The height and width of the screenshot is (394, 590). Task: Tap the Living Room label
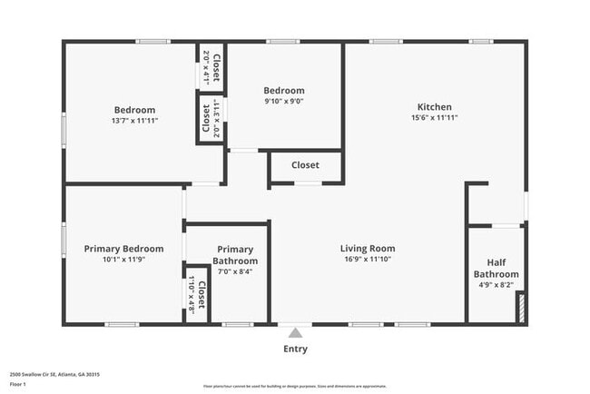point(368,249)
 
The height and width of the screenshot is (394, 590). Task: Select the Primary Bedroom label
point(123,249)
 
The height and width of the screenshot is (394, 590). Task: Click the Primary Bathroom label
point(235,255)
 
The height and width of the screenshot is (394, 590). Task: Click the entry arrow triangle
point(294,333)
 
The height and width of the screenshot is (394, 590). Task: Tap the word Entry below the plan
point(295,349)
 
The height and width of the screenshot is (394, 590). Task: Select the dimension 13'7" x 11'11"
point(134,121)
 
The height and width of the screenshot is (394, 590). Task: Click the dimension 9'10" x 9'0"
point(284,103)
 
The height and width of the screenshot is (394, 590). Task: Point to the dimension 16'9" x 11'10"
point(368,260)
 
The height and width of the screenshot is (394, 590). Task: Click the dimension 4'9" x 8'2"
point(497,285)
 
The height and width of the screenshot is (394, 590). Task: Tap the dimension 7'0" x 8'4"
point(235,271)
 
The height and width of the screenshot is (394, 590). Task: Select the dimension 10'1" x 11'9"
point(123,260)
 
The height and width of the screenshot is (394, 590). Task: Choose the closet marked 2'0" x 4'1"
point(211,66)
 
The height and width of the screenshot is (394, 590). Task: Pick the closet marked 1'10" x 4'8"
point(197,297)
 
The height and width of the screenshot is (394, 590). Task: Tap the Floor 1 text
point(18,384)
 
